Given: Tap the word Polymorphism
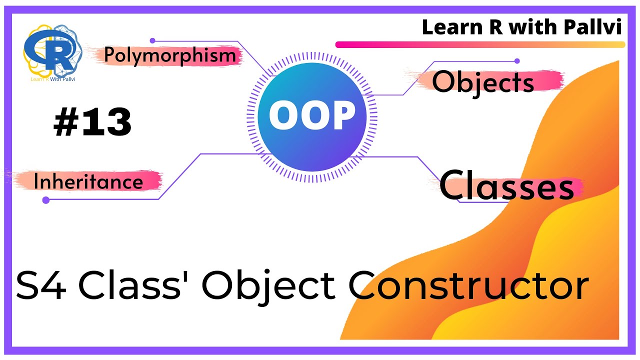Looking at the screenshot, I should [170, 55].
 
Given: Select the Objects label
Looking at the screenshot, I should [483, 82].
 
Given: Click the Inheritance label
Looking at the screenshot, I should [88, 182].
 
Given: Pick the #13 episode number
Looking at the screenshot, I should [92, 122].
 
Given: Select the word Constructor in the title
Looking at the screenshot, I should [468, 286].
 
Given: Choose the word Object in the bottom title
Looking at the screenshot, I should [268, 286].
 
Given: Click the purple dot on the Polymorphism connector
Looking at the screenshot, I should [152, 41].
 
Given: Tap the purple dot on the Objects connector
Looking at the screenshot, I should [517, 61].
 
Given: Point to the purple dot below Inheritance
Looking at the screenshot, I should [46, 200].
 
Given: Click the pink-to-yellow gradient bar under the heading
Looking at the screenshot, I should [480, 44].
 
